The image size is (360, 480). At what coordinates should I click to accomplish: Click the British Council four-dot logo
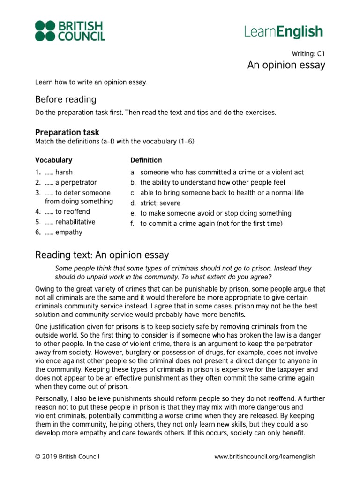click(x=45, y=30)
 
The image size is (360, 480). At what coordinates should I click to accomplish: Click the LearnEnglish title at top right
click(x=284, y=32)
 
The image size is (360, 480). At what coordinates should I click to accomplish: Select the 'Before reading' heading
click(x=66, y=99)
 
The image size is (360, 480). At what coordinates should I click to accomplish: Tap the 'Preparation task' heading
click(x=67, y=133)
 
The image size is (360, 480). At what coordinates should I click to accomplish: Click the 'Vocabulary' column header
click(x=53, y=160)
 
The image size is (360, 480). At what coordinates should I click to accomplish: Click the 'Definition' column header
click(x=146, y=160)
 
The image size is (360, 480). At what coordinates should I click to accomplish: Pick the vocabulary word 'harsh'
click(x=64, y=172)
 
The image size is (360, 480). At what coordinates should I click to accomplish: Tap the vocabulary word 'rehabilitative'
click(x=75, y=222)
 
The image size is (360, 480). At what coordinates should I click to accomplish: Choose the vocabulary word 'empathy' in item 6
click(x=68, y=232)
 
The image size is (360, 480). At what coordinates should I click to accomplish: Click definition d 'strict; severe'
click(x=160, y=203)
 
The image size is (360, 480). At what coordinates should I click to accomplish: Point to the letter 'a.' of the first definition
click(x=133, y=172)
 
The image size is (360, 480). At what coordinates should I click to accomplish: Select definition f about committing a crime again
click(x=211, y=224)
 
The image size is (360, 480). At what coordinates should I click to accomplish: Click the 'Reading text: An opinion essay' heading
click(x=102, y=255)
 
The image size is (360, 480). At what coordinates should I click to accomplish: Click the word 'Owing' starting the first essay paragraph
click(x=45, y=289)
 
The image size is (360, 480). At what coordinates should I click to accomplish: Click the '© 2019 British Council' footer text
click(x=67, y=456)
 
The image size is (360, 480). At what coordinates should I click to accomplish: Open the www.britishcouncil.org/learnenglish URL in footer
click(x=264, y=456)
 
